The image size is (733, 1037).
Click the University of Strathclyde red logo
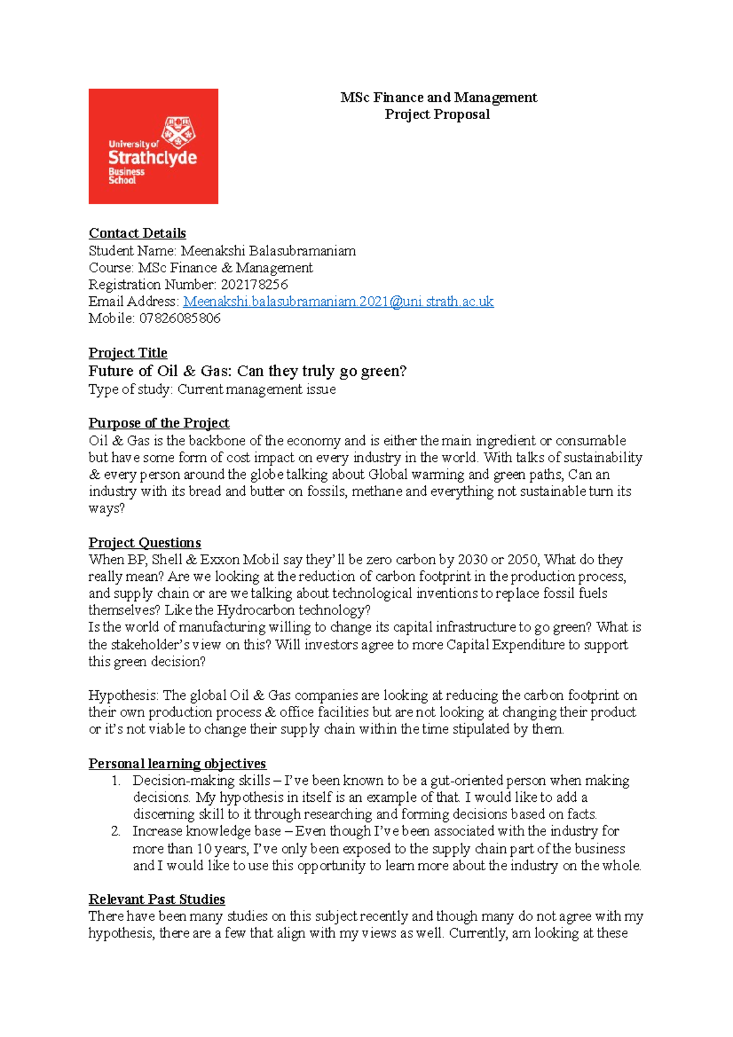pyautogui.click(x=153, y=146)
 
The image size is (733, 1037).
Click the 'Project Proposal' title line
pyautogui.click(x=437, y=114)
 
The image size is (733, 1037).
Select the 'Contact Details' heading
pyautogui.click(x=137, y=233)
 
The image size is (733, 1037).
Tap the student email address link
pyautogui.click(x=338, y=302)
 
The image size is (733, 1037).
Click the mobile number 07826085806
pyautogui.click(x=180, y=318)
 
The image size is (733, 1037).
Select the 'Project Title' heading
pyautogui.click(x=128, y=353)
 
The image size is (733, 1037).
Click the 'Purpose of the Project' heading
pyautogui.click(x=159, y=423)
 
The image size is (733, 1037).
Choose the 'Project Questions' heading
pyautogui.click(x=145, y=543)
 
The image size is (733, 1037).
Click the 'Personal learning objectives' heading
pyautogui.click(x=177, y=763)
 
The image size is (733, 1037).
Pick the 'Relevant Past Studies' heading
pyautogui.click(x=156, y=899)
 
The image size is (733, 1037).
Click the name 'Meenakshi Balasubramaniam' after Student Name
pyautogui.click(x=268, y=251)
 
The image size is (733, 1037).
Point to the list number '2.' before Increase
pyautogui.click(x=116, y=831)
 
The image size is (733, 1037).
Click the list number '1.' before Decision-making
pyautogui.click(x=116, y=780)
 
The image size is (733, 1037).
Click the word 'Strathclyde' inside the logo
pyautogui.click(x=153, y=158)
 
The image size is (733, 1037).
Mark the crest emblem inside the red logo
pyautogui.click(x=178, y=132)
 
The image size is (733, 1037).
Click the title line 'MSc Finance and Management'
pyautogui.click(x=439, y=98)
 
